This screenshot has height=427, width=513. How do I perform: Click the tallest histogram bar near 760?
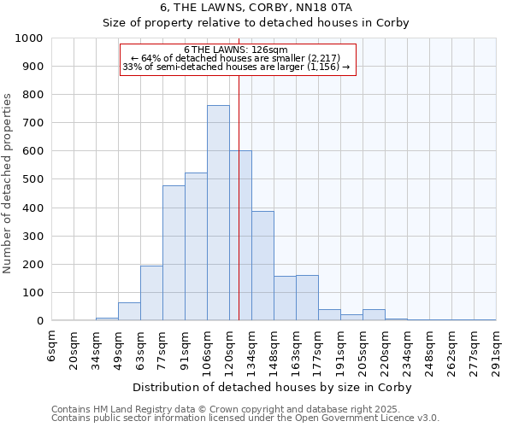[x=218, y=213]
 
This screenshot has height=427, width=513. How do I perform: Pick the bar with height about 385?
[x=262, y=266]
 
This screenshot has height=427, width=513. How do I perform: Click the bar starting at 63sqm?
[x=151, y=293]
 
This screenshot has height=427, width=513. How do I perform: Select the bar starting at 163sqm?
[x=307, y=298]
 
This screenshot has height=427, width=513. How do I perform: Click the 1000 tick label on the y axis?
[x=28, y=38]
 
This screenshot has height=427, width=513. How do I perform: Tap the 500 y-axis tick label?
[x=32, y=179]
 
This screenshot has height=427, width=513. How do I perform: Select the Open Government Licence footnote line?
[x=245, y=418]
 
